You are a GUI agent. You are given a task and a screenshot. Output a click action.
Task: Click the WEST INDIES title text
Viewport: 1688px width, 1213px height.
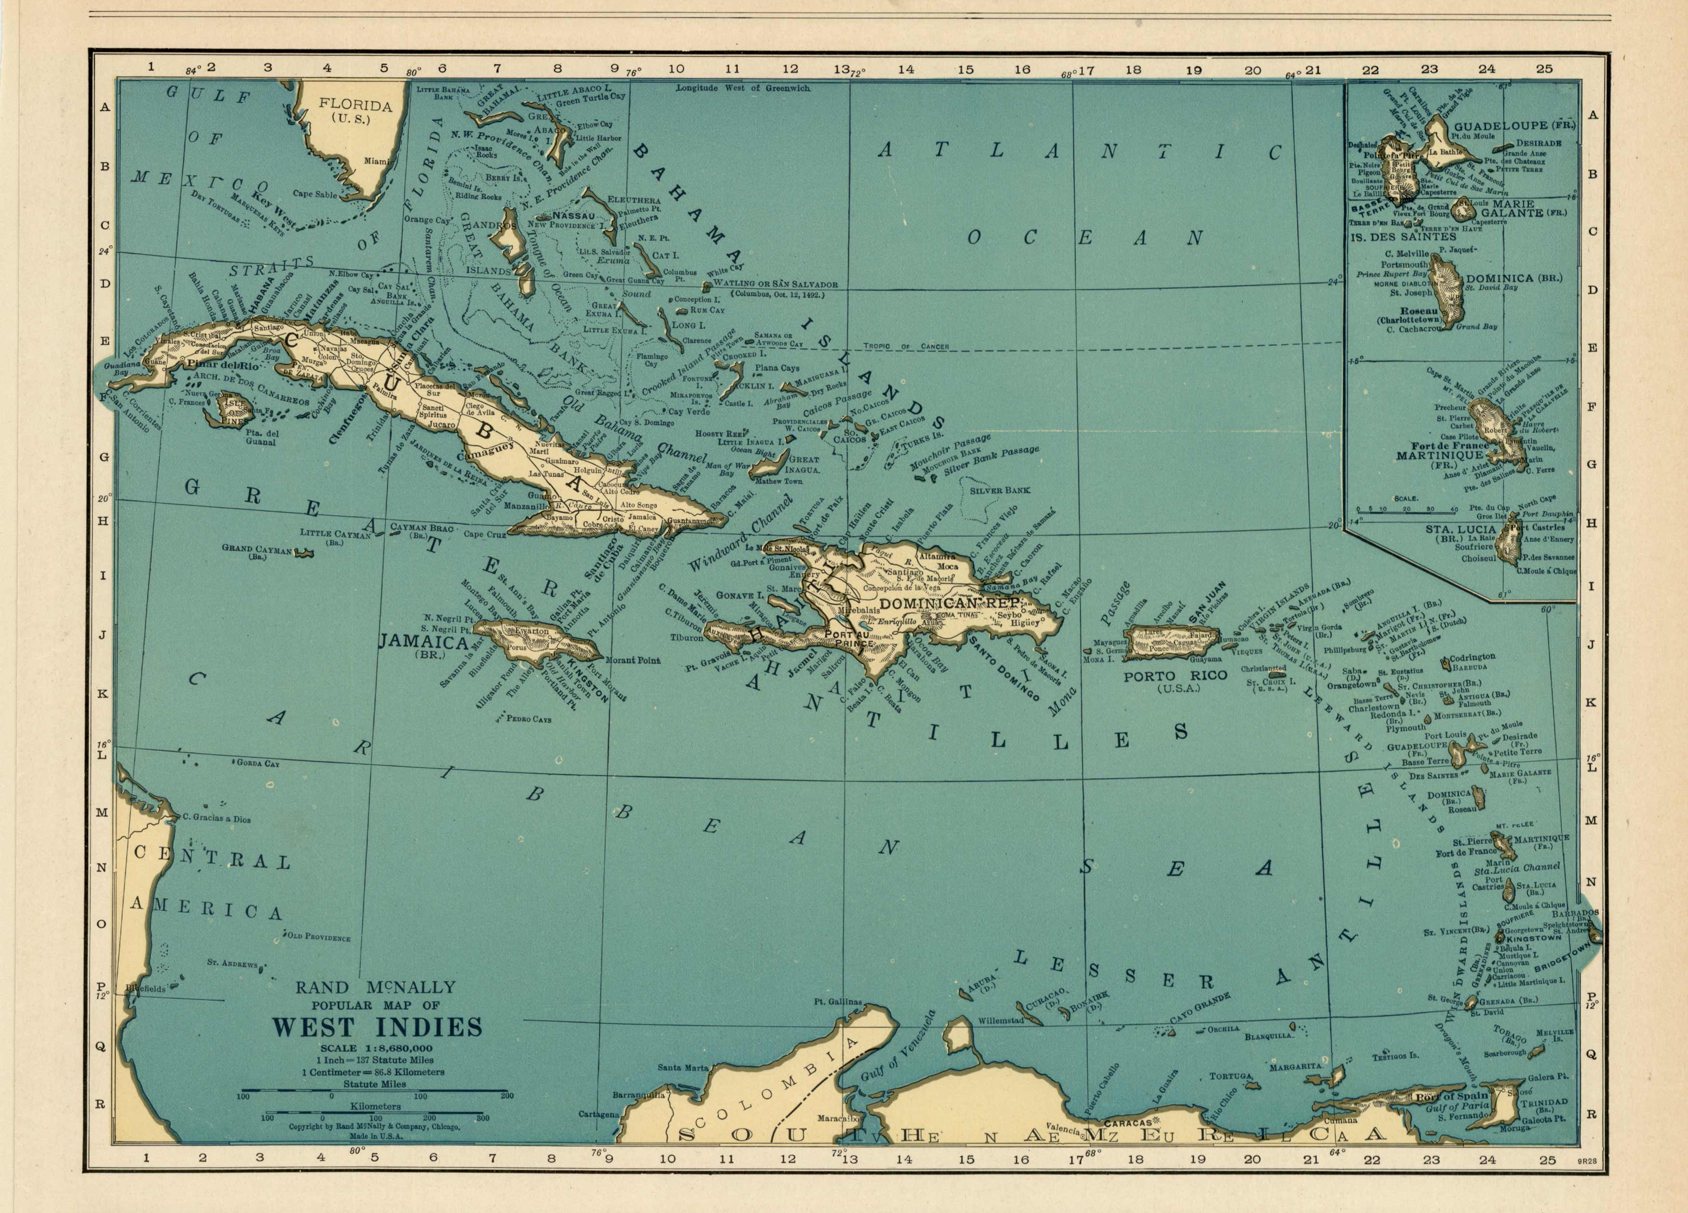point(377,1028)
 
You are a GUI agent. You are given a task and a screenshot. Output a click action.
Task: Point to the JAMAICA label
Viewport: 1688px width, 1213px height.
point(423,642)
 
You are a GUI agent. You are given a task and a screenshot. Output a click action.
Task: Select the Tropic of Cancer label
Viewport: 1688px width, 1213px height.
point(906,347)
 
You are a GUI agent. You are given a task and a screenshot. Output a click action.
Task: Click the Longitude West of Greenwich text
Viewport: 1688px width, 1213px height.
point(742,88)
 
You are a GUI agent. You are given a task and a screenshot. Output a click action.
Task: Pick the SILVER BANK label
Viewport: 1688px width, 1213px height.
point(1000,490)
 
